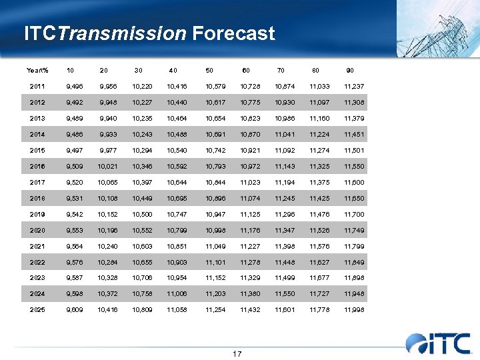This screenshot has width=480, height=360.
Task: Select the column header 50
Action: pyautogui.click(x=210, y=70)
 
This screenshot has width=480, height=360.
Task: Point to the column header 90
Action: pyautogui.click(x=350, y=70)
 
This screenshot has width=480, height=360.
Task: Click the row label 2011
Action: pyautogui.click(x=38, y=86)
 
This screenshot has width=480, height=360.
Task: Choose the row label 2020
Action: pyautogui.click(x=38, y=230)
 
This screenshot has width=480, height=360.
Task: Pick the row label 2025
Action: pyautogui.click(x=38, y=310)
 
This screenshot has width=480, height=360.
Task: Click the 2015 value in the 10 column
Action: pyautogui.click(x=75, y=150)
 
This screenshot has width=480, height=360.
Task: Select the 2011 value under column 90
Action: pyautogui.click(x=354, y=86)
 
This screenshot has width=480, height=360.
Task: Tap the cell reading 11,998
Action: pyautogui.click(x=354, y=310)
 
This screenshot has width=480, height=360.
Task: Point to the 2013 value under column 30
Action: pyautogui.click(x=141, y=118)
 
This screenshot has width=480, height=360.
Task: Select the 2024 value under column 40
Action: pyautogui.click(x=177, y=294)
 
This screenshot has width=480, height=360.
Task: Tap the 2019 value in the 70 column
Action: pyautogui.click(x=285, y=214)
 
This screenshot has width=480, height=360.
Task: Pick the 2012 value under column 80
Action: pyautogui.click(x=319, y=102)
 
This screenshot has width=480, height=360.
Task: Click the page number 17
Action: pyautogui.click(x=237, y=353)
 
